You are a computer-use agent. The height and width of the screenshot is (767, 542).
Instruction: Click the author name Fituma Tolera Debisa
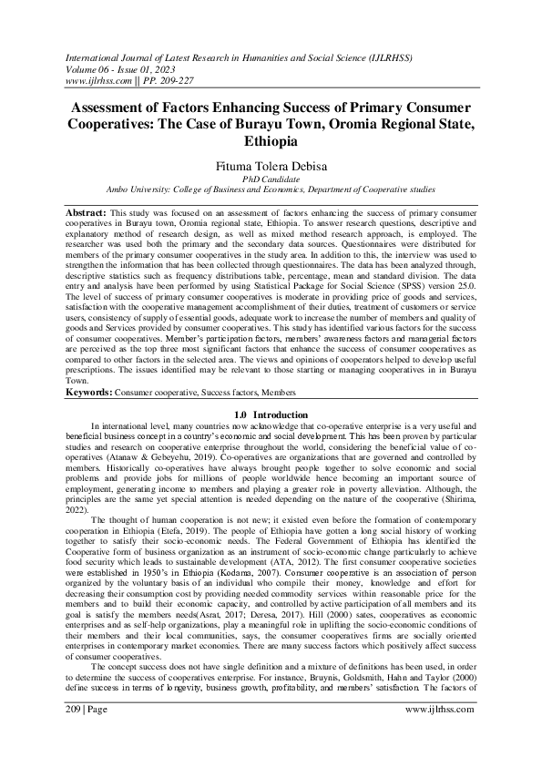(271, 167)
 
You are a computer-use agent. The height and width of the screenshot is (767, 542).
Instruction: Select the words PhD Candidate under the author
(271, 179)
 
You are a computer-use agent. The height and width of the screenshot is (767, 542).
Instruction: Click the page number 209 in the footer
(75, 733)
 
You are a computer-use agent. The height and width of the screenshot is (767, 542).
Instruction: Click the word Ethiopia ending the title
(271, 143)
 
